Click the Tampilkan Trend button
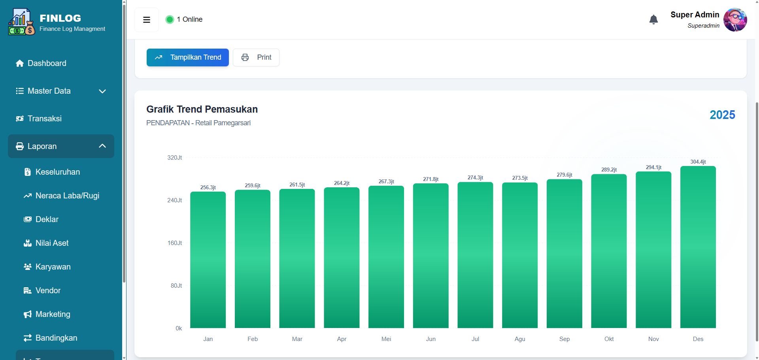188,58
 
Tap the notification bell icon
653,19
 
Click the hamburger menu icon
147,20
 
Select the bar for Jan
208,260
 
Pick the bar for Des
698,247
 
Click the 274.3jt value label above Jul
475,178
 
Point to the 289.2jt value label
609,170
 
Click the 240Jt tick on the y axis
174,200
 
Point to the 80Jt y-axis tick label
176,286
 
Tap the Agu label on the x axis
520,339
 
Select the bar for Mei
386,257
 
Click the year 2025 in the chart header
722,115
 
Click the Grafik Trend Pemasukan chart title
202,109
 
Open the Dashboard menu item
47,63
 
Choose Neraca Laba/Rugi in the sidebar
67,196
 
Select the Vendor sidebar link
48,290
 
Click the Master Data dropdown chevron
102,91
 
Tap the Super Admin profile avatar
735,20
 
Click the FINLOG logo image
22,22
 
